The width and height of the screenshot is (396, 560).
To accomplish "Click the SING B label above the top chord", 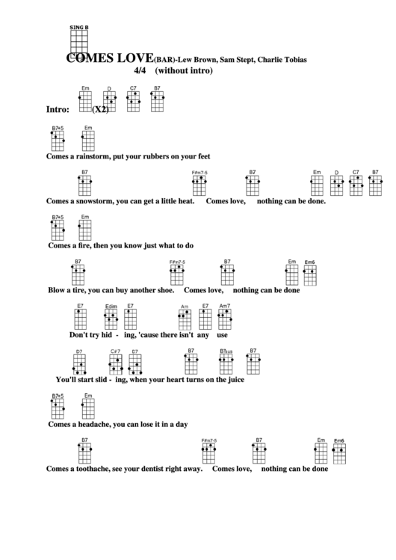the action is pyautogui.click(x=78, y=27).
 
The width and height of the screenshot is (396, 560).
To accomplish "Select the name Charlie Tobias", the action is pyautogui.click(x=282, y=59).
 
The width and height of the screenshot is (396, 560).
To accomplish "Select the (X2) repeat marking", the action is pyautogui.click(x=101, y=109).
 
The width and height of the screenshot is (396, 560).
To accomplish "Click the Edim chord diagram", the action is pyautogui.click(x=111, y=320).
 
